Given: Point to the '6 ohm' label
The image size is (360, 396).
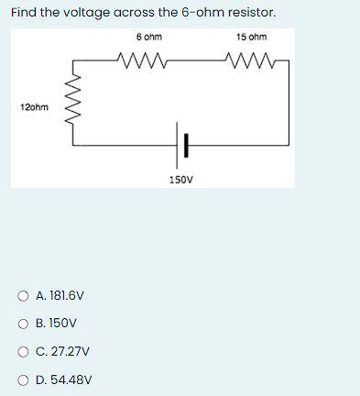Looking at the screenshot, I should pyautogui.click(x=148, y=38).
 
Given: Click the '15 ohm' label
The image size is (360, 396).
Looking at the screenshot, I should pyautogui.click(x=251, y=38).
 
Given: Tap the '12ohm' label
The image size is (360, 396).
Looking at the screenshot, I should pyautogui.click(x=34, y=107).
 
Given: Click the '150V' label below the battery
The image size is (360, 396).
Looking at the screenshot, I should pyautogui.click(x=181, y=181).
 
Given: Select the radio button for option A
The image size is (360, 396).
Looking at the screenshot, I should pyautogui.click(x=23, y=296).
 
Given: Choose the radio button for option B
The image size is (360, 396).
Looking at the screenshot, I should pyautogui.click(x=23, y=324).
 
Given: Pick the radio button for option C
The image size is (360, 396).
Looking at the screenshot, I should pyautogui.click(x=23, y=351).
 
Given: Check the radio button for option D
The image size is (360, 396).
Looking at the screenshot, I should pyautogui.click(x=23, y=379).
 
